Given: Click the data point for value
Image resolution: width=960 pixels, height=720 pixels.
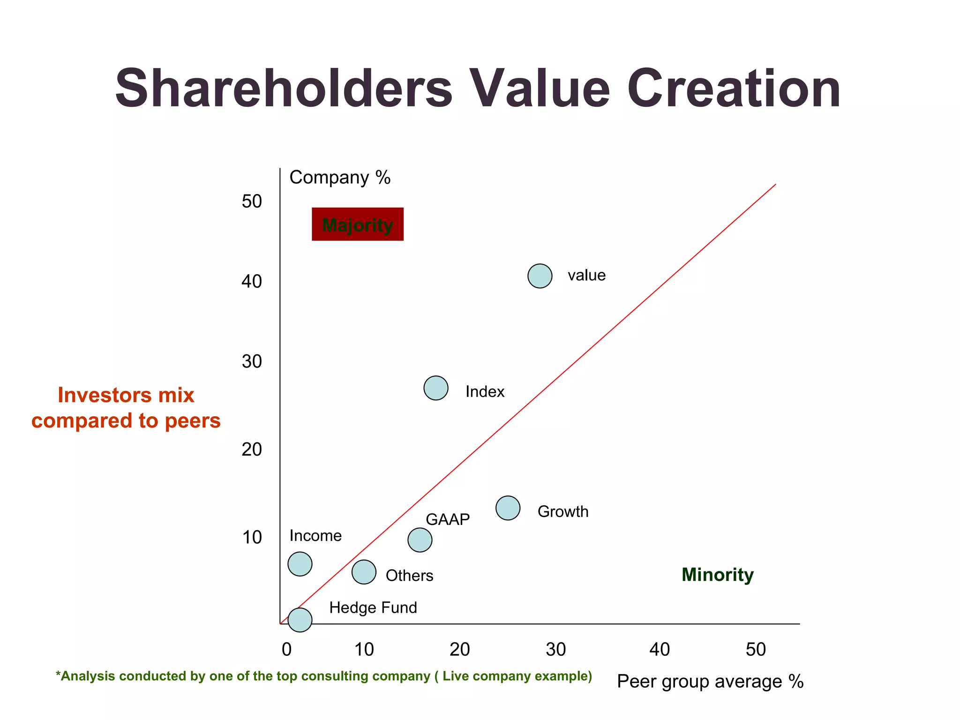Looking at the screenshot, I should coord(540,276).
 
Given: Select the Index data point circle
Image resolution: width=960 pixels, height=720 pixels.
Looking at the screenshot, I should coord(435,388).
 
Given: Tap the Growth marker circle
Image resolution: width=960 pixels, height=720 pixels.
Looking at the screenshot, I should coord(508,508).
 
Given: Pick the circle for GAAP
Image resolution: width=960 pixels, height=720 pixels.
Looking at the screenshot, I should coord(420,540).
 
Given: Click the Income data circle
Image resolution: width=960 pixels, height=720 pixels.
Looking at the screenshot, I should coord(300,563).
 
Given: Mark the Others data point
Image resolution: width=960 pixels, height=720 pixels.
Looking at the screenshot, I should coord(364,572).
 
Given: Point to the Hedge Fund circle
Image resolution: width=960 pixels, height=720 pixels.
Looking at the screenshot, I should coord(300,620).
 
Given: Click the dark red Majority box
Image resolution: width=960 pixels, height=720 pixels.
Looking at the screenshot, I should coord(358,224).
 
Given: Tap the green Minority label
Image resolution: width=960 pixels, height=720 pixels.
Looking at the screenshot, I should coord(717,574).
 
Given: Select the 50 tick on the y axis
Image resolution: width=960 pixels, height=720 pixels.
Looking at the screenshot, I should coord(252,202).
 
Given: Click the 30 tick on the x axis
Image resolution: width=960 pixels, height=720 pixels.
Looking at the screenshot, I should coord(556,649).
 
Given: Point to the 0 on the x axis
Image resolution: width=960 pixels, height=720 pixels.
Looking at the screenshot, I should coord(286,649).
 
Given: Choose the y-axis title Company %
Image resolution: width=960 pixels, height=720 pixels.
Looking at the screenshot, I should coord(340,178).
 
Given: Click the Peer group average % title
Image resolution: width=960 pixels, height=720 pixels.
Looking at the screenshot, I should coord(710,681).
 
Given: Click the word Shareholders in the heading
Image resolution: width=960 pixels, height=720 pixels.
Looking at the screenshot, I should coord(284,88).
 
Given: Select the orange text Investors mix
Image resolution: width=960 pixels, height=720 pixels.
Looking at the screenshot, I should coord(126,395).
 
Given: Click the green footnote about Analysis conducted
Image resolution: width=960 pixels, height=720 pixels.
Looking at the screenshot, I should coord(323,676).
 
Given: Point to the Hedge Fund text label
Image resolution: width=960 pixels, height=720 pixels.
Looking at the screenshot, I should coord(373,607).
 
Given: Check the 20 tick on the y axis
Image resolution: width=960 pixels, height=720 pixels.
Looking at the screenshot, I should coord(252,449).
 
